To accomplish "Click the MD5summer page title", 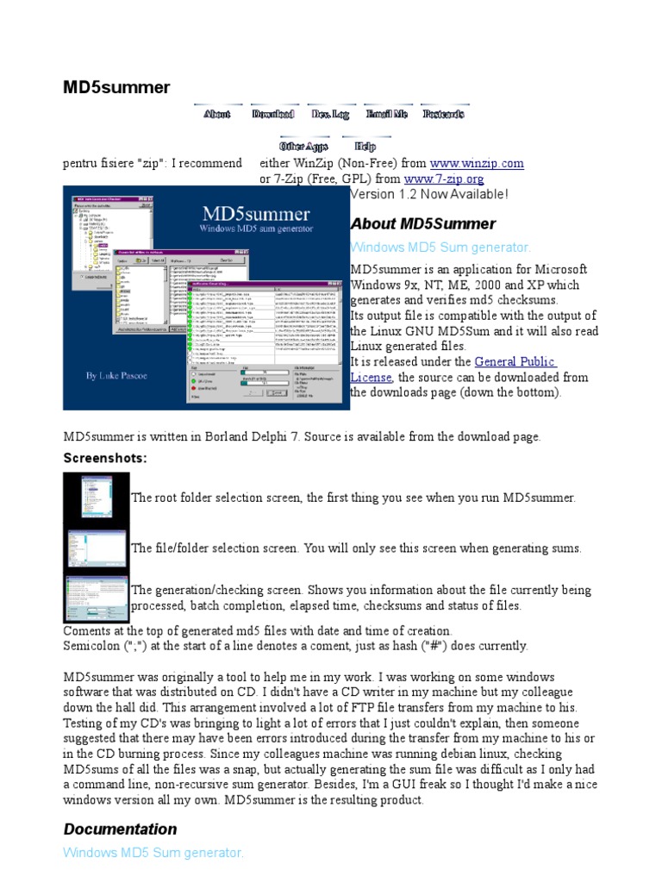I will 116,87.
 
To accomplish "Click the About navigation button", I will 217,114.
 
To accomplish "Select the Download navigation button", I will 273,114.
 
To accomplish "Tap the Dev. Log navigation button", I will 330,114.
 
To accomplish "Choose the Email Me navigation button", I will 387,114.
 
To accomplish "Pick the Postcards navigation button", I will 444,114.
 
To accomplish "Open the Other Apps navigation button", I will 303,147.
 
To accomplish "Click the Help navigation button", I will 365,147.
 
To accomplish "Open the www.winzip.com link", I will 476,163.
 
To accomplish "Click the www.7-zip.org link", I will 444,178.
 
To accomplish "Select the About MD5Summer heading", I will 422,224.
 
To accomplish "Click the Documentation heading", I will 120,830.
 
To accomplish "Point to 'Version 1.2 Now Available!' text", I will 429,194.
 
